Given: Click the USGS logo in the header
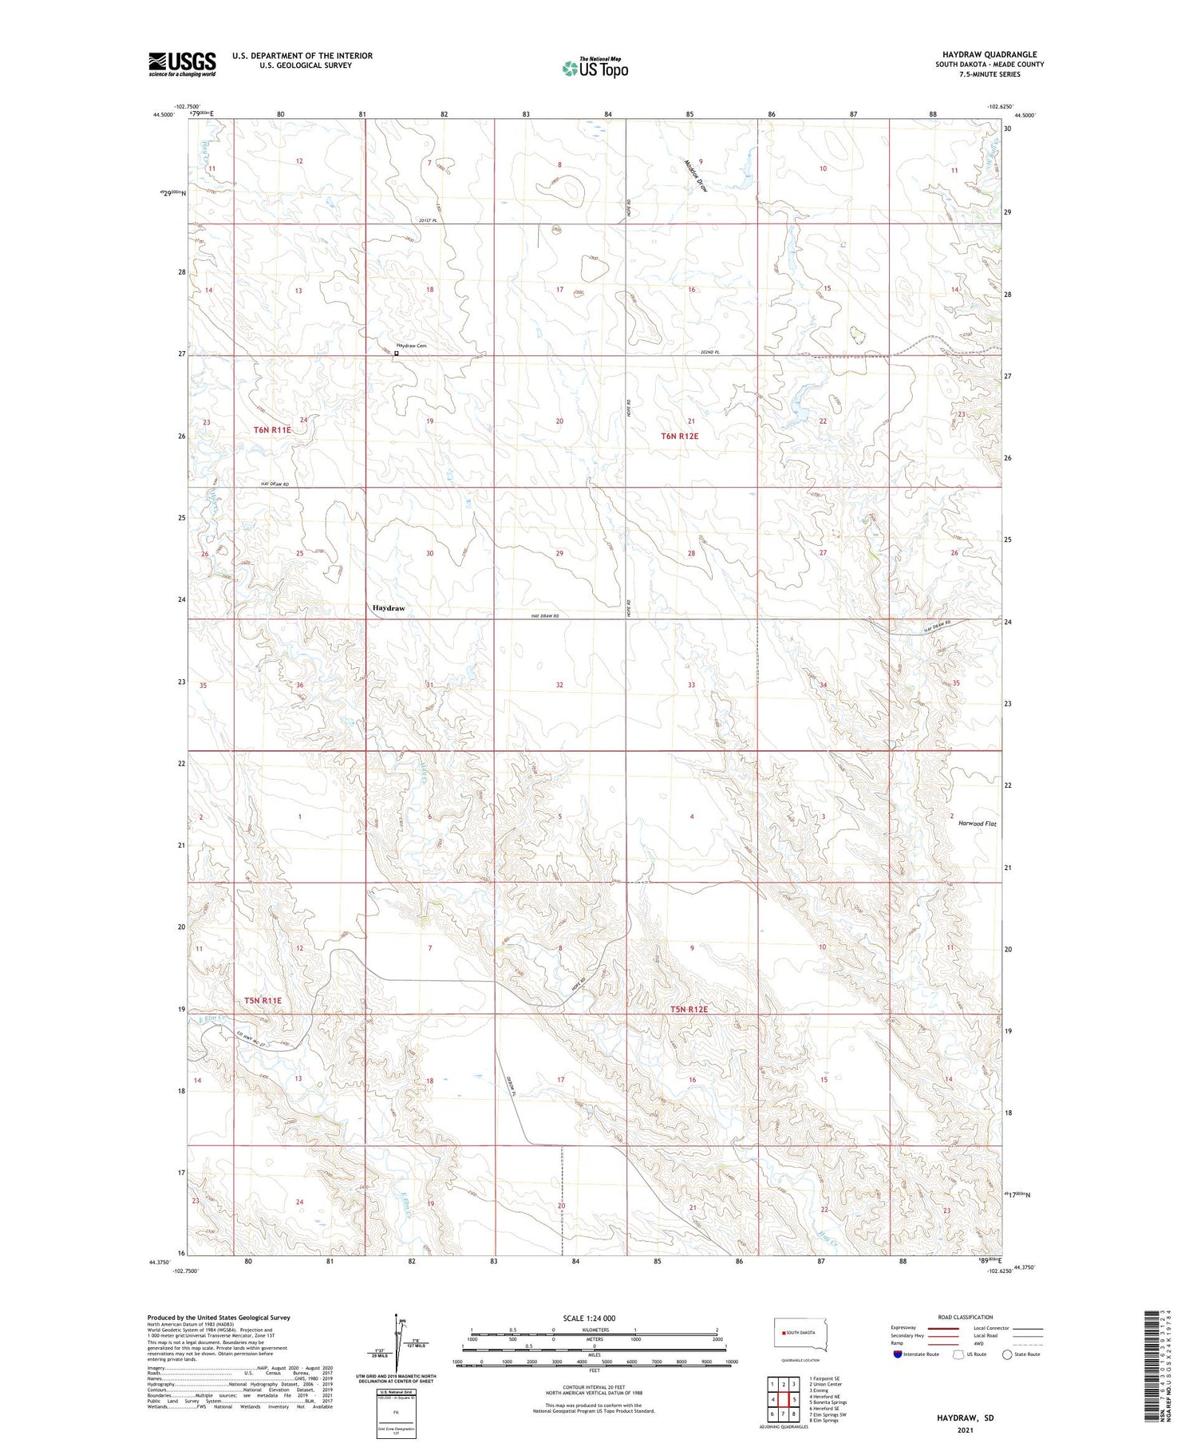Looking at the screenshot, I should tap(182, 64).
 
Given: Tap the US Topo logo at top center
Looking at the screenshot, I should tap(595, 69).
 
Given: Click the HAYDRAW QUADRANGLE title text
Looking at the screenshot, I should tap(990, 54).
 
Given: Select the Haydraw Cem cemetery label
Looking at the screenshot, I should tap(412, 345).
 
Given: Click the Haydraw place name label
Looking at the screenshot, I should tap(389, 608).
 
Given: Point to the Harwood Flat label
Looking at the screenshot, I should tap(978, 823).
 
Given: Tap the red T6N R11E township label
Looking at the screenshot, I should tap(273, 429).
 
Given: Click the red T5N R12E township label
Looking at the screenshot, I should tap(689, 1009).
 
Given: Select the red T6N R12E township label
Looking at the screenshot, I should tap(679, 436).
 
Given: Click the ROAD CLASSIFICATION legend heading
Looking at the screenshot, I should tap(966, 1317).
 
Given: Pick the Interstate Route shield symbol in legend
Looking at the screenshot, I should tap(898, 1354).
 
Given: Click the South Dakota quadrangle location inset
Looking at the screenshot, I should tap(800, 1334).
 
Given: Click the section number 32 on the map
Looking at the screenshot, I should tap(559, 685).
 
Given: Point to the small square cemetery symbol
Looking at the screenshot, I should tap(397, 353).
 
